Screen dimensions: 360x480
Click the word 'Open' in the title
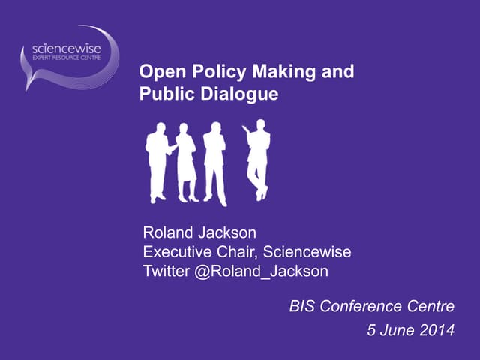[159, 73]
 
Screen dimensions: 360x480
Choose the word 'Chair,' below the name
[234, 252]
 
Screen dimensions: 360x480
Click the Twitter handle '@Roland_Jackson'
[261, 271]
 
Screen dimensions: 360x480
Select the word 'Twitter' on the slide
[166, 271]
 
